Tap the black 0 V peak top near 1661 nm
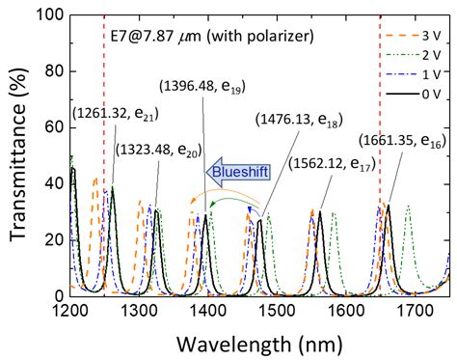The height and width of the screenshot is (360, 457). [389, 205]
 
